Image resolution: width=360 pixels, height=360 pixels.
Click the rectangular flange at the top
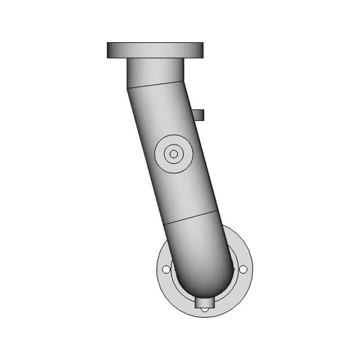coord(155,50)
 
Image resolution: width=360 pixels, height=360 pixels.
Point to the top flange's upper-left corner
coord(107,43)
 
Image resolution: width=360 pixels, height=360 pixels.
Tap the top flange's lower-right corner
coord(202,58)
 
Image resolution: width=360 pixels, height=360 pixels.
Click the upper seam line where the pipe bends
coord(156,85)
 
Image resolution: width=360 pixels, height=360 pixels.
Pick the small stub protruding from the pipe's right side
coord(199,115)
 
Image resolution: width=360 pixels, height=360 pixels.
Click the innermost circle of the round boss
coord(174,154)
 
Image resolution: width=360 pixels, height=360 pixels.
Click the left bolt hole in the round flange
coord(166,270)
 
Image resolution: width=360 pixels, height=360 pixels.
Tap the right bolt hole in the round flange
coord(243,270)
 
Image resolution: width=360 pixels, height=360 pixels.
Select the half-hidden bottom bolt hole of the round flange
coord(205,309)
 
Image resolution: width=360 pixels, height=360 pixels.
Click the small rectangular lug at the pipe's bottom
coord(205,303)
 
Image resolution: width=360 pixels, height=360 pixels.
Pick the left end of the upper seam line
coord(127,89)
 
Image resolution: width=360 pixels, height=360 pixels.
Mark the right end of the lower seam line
coord(218,210)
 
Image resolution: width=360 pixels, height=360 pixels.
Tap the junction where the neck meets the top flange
coord(155,58)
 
